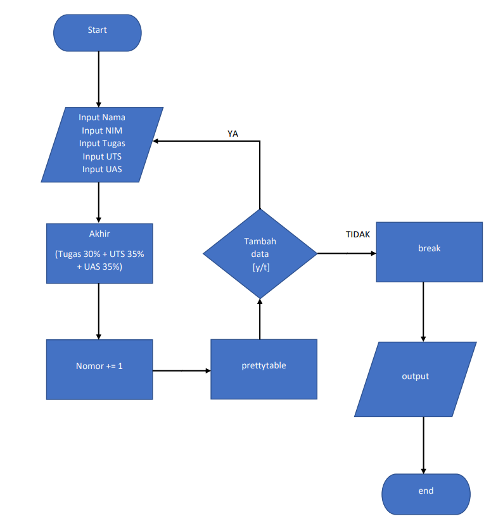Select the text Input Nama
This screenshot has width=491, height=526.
[x=102, y=117]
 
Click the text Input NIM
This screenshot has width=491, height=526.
[x=102, y=130]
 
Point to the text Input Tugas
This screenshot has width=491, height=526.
[x=102, y=143]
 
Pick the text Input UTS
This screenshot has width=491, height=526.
[x=102, y=156]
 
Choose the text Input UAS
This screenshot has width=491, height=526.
[x=102, y=169]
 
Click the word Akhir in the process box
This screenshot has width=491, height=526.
[x=99, y=234]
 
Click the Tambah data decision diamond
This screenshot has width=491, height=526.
[x=260, y=254]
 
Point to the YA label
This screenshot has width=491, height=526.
[x=233, y=134]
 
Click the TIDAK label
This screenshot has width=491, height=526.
[x=358, y=234]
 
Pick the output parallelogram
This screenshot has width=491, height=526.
[x=416, y=379]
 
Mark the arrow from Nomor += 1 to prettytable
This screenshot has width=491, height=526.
[x=182, y=370]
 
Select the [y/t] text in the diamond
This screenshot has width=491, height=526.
[x=260, y=266]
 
